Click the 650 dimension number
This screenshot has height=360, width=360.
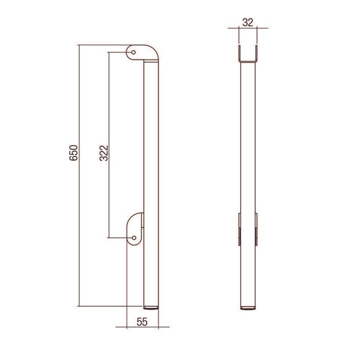point(74,153)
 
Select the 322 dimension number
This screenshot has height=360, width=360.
point(104,153)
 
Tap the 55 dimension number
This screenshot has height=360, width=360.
point(142,322)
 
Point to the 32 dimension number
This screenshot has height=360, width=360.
point(248,23)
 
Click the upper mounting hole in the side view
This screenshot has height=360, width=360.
point(133,52)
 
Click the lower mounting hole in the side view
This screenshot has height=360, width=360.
point(134,238)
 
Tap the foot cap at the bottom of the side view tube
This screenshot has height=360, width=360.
point(151,307)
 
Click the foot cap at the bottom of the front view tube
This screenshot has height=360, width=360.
point(248,308)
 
